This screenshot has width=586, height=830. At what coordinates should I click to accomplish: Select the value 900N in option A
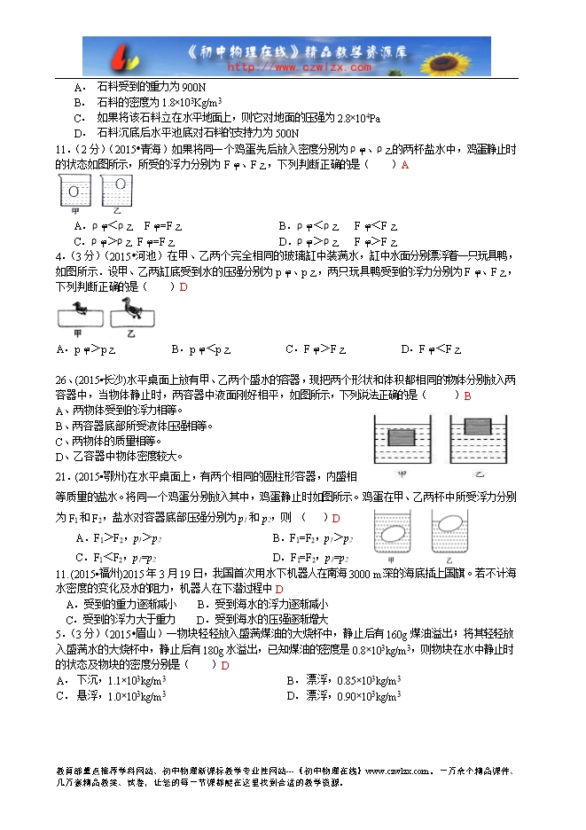point(193,87)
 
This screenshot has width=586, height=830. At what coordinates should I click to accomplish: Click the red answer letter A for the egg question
point(404,164)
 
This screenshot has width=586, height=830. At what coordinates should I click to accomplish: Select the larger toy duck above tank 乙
point(132,309)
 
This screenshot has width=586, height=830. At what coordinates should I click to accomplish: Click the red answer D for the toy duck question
point(184,286)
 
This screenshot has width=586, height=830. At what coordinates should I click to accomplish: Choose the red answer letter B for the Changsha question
point(467,395)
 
